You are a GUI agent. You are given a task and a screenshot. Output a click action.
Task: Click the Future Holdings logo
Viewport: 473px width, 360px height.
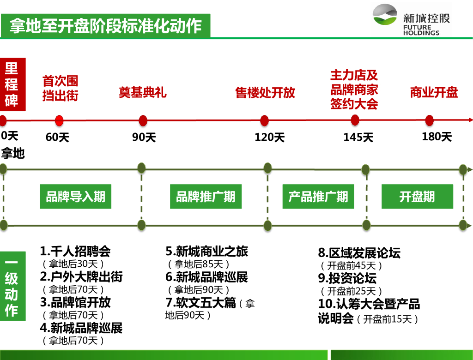coord(411,20)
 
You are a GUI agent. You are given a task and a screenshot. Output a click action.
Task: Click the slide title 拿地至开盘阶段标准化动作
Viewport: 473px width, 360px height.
coord(105,26)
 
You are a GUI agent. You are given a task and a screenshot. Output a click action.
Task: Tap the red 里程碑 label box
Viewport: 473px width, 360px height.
coord(12,84)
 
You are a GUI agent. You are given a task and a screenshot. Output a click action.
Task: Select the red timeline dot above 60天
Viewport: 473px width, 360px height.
coord(59,121)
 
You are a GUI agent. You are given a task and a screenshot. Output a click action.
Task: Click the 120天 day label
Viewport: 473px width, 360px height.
coord(269,138)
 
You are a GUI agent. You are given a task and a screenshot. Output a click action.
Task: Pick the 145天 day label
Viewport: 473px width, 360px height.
coord(358,138)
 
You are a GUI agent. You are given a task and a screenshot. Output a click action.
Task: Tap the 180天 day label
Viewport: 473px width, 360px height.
coord(437,137)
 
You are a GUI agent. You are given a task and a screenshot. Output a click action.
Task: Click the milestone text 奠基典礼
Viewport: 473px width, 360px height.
coord(142,93)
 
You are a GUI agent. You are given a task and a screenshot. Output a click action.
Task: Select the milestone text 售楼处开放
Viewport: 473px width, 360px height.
coord(265,93)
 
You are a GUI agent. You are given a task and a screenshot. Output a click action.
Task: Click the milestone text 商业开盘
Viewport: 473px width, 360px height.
coord(434,93)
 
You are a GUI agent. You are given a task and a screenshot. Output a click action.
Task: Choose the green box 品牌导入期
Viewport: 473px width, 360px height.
coord(75,197)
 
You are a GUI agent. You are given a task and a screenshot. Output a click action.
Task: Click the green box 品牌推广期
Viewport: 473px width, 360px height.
coord(206,197)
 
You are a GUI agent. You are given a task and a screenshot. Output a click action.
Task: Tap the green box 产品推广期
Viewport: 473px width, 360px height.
coord(318,197)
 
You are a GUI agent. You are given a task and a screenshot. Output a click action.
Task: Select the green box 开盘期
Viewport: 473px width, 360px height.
coord(417,197)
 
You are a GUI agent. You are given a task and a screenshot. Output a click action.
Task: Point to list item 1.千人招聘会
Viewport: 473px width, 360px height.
coord(75,252)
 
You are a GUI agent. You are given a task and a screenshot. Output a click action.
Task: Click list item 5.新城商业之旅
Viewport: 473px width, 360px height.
coord(207,252)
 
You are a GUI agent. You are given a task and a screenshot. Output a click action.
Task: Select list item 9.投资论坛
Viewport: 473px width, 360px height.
coord(347,278)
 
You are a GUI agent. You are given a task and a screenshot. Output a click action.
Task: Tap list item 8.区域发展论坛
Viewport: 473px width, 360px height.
coord(359,253)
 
